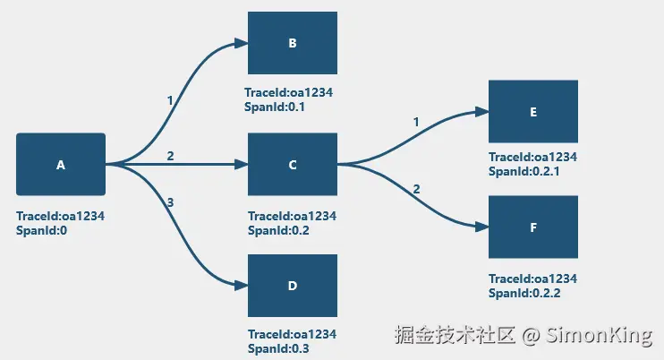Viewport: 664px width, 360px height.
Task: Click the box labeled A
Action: click(x=61, y=165)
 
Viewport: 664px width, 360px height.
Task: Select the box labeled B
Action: click(x=293, y=43)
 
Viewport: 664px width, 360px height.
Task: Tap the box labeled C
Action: click(x=293, y=165)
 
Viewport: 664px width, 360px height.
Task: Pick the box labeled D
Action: click(x=293, y=286)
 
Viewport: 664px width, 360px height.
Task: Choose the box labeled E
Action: click(x=533, y=111)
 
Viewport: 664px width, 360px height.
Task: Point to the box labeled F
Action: click(x=533, y=227)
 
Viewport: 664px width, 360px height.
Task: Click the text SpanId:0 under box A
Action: click(x=41, y=231)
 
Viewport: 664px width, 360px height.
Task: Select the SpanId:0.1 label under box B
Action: click(x=275, y=107)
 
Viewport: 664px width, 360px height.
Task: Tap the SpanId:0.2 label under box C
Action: click(x=278, y=231)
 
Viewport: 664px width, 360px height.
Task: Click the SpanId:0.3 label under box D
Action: click(x=278, y=349)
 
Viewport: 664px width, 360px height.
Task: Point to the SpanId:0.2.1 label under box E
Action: click(x=524, y=172)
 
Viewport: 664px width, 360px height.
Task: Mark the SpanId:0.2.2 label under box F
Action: click(x=524, y=293)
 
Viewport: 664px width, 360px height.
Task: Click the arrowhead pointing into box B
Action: click(x=242, y=43)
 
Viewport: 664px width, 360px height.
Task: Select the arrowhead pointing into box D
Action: click(x=242, y=286)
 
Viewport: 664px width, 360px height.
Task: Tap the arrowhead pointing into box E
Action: click(x=482, y=112)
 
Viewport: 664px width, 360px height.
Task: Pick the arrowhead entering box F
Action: click(x=482, y=227)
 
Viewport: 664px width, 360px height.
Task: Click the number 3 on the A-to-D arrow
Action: click(x=170, y=202)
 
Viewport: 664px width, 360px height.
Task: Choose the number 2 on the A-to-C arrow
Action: click(x=170, y=157)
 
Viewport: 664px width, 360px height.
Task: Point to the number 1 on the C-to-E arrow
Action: click(x=416, y=122)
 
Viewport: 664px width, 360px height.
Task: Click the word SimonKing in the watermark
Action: click(x=599, y=335)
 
